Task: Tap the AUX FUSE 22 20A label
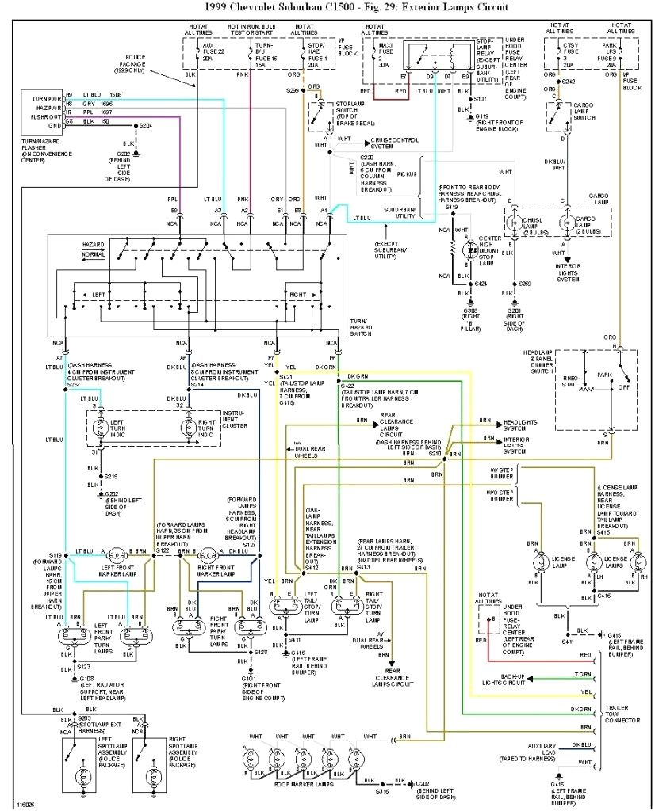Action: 208,51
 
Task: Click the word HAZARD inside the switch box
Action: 94,245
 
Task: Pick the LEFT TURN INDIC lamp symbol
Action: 99,428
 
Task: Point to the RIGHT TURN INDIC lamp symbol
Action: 188,428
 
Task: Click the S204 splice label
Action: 146,125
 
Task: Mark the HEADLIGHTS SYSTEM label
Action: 521,425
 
